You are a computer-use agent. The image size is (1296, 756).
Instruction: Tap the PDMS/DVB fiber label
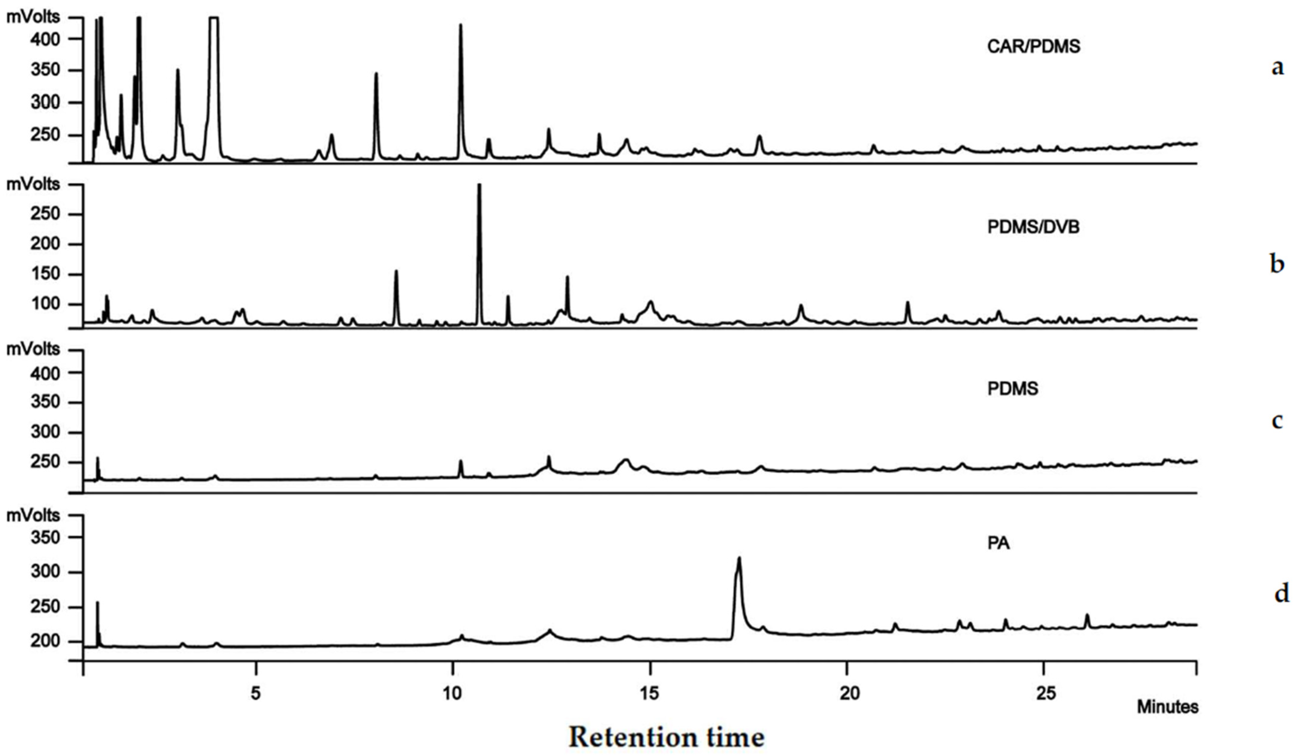(1033, 227)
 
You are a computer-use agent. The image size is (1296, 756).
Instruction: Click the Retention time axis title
(667, 737)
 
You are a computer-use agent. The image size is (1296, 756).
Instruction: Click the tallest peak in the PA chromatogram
(739, 558)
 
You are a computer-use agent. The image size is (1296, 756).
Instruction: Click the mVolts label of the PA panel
(33, 516)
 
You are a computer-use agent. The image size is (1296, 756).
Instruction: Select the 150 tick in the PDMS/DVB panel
(45, 274)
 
